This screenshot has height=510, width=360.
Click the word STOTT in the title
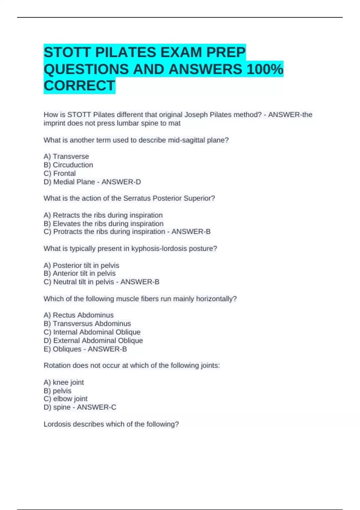click(67, 52)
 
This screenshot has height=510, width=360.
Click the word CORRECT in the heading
click(79, 86)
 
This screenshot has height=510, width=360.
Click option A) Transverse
click(66, 157)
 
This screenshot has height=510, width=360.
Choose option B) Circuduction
click(68, 165)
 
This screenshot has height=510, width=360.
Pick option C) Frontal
click(60, 173)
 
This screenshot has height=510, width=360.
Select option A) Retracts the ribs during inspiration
click(103, 215)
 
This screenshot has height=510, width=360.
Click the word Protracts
click(67, 232)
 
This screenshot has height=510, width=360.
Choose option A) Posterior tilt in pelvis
click(81, 265)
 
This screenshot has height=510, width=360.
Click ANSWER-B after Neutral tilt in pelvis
click(140, 282)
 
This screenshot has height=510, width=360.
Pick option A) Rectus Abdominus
click(79, 315)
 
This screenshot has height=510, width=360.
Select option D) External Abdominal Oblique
click(93, 340)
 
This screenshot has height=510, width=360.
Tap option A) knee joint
click(64, 382)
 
